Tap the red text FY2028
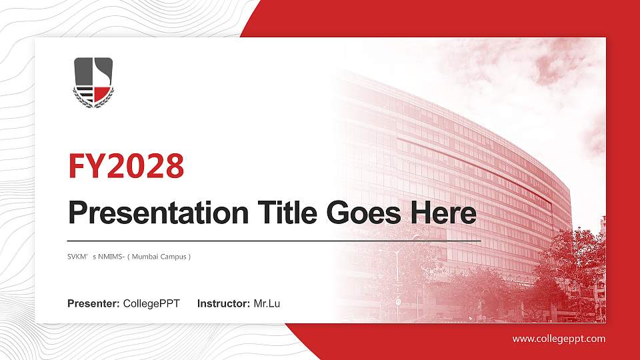coord(126,167)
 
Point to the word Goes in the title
coord(360,213)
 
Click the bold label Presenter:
coord(93,304)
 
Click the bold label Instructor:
coord(224,304)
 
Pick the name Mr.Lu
coord(267,304)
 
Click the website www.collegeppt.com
coord(559,339)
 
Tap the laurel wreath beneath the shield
coord(93,101)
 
